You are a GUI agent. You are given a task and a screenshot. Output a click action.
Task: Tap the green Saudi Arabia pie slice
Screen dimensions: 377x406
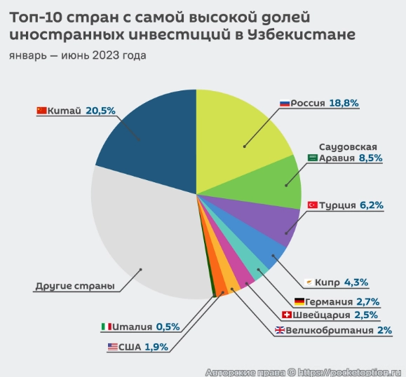pyautogui.click(x=277, y=182)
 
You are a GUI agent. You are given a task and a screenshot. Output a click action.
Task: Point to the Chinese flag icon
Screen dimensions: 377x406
pyautogui.click(x=41, y=110)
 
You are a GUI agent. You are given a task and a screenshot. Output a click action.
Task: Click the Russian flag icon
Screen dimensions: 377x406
pyautogui.click(x=284, y=103)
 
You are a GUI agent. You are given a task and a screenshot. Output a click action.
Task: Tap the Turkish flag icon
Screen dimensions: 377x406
pyautogui.click(x=313, y=205)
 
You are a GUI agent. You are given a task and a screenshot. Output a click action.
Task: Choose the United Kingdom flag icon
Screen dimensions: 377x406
pyautogui.click(x=279, y=331)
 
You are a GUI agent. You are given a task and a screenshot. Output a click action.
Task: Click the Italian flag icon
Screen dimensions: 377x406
pyautogui.click(x=106, y=327)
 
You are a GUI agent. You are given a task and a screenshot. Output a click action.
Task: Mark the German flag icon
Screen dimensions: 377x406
pyautogui.click(x=299, y=301)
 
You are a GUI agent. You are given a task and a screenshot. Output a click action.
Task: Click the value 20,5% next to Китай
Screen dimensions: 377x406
pyautogui.click(x=100, y=110)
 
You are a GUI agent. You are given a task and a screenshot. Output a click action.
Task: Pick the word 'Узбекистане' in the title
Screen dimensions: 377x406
pyautogui.click(x=301, y=34)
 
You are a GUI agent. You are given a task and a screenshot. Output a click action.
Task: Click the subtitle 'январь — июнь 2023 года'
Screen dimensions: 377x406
pyautogui.click(x=77, y=55)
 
